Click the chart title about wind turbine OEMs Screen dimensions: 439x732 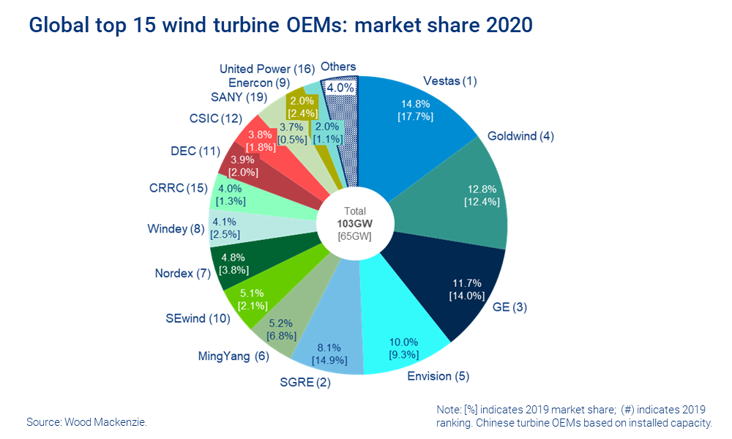(x=280, y=26)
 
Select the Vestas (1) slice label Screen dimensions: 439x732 (x=450, y=81)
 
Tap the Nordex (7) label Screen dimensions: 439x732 (x=182, y=274)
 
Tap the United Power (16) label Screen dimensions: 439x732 (x=267, y=69)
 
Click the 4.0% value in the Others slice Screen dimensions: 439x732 (x=341, y=87)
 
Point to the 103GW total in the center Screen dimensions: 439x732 (x=354, y=224)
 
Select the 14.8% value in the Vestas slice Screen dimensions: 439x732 (x=427, y=102)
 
